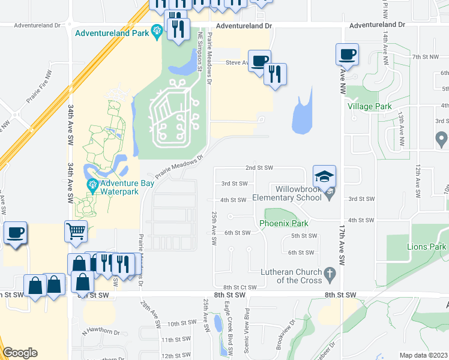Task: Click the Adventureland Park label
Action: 111,33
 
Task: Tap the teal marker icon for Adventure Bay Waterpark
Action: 92,184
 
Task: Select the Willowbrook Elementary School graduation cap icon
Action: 324,176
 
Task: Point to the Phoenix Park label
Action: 283,223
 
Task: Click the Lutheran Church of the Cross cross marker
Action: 329,275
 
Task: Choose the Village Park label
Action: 369,106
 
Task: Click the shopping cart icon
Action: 76,231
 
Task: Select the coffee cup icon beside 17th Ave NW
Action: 348,54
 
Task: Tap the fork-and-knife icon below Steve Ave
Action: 275,74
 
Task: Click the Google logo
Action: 20,353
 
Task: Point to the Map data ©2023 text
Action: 423,355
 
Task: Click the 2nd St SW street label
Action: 259,168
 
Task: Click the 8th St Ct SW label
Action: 235,287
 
